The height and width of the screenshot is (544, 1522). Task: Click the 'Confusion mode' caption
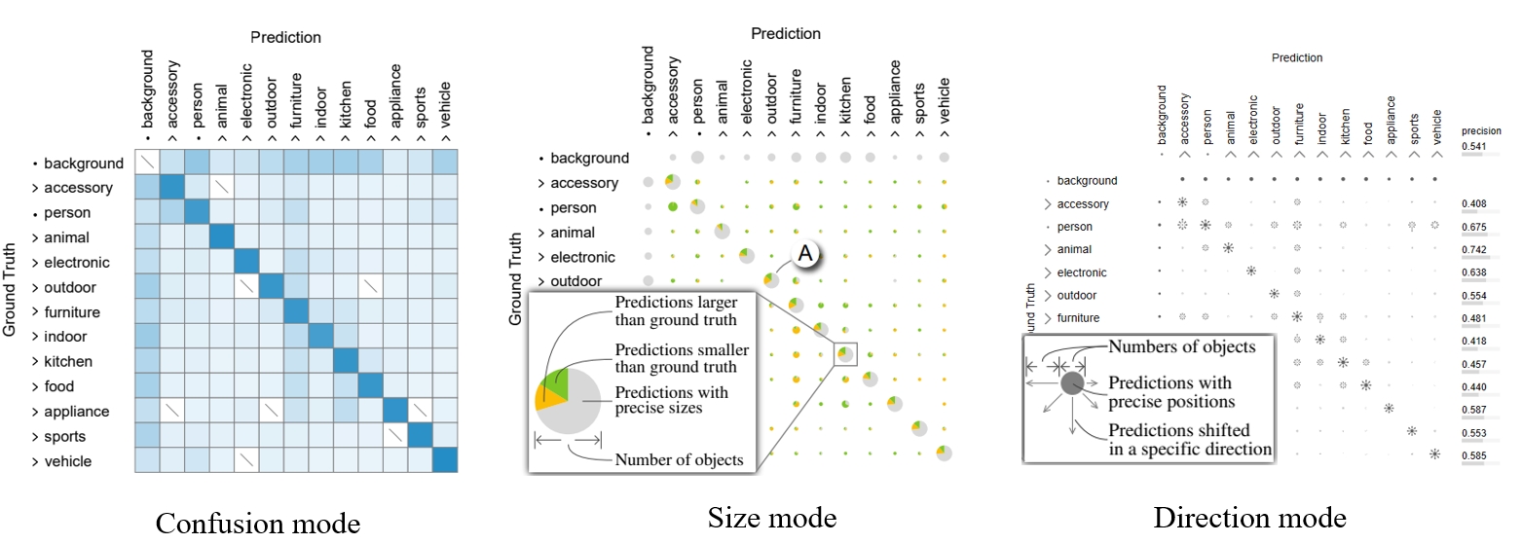point(258,524)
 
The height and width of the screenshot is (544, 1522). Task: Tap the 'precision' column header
point(1481,130)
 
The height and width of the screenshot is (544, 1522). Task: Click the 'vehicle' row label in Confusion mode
point(68,461)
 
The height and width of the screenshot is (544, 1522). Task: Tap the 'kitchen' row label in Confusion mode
point(68,362)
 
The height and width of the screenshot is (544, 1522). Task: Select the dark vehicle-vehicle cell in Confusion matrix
point(445,460)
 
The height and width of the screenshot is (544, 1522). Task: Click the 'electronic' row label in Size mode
point(582,257)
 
